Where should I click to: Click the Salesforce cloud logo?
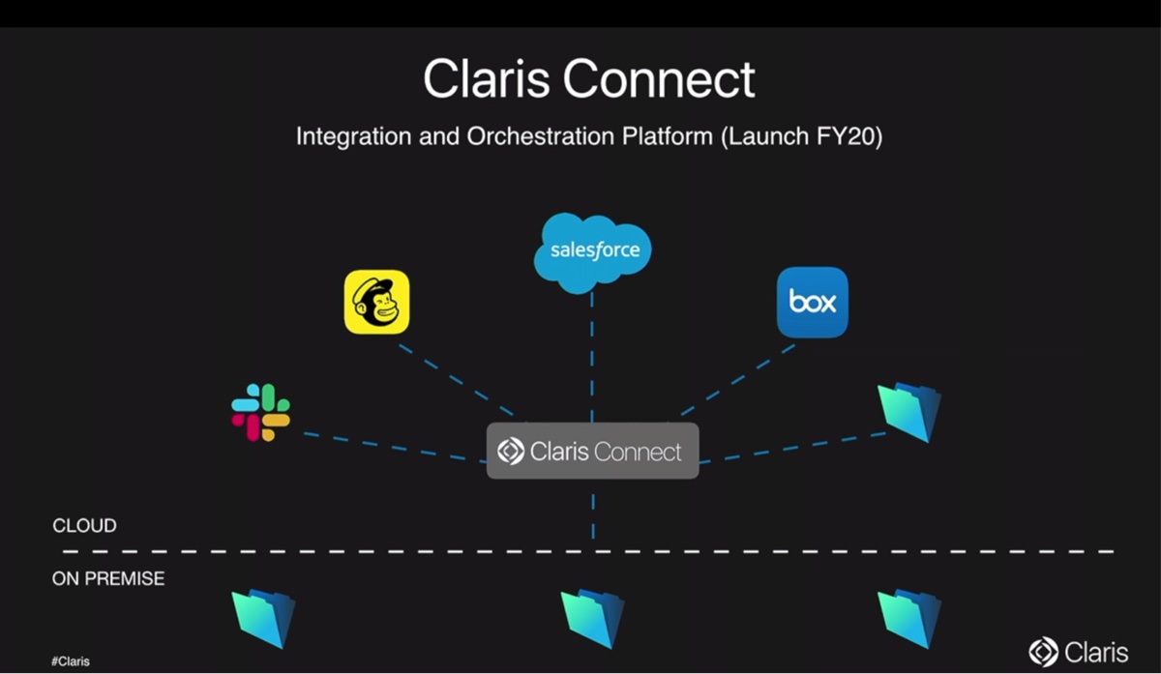click(592, 250)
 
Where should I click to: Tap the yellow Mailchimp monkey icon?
click(376, 302)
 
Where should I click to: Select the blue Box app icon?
click(812, 302)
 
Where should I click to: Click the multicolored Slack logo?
click(260, 412)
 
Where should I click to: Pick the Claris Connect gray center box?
click(591, 451)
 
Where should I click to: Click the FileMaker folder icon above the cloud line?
click(908, 412)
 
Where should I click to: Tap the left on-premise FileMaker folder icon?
click(263, 618)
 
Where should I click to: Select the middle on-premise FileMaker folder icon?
click(592, 618)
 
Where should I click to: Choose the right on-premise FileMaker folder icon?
click(908, 618)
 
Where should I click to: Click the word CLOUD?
click(84, 526)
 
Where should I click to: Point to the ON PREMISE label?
click(108, 578)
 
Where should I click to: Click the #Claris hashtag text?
click(70, 661)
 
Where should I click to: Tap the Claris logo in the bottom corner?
click(1079, 651)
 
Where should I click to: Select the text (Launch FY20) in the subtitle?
click(801, 136)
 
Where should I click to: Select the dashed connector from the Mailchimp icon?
click(455, 380)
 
